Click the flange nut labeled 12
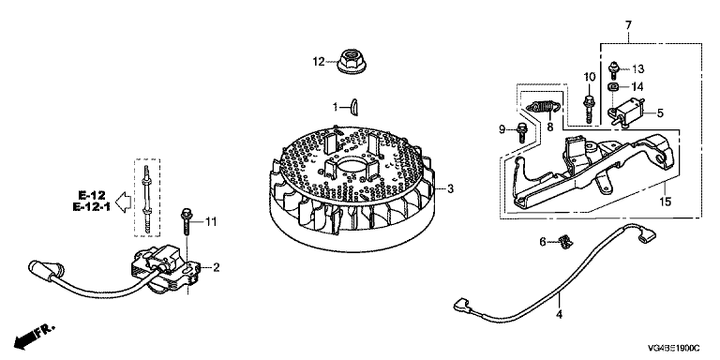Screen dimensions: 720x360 351,63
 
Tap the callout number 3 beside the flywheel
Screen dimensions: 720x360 450,188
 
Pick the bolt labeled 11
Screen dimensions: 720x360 187,221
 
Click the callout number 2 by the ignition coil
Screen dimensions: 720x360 216,267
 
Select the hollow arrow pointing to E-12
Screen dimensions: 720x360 121,202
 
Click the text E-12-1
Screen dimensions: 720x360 91,207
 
